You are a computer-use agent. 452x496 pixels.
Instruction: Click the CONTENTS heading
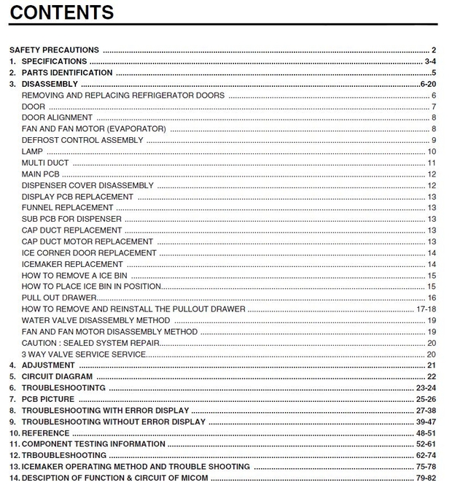(x=61, y=12)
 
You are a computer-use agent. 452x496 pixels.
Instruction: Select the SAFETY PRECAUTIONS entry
(x=54, y=50)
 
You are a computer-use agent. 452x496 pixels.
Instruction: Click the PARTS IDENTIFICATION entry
(x=66, y=73)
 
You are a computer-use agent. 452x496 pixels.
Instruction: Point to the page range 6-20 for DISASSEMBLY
(x=428, y=85)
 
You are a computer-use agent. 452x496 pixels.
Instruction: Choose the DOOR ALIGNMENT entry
(x=57, y=118)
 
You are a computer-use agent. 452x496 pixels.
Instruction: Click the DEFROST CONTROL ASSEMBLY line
(x=82, y=140)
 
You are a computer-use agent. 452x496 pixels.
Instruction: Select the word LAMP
(x=33, y=152)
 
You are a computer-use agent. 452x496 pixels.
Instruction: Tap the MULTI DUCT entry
(x=45, y=163)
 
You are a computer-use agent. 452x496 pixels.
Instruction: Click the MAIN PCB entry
(x=41, y=174)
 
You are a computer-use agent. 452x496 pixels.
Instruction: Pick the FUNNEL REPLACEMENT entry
(x=67, y=208)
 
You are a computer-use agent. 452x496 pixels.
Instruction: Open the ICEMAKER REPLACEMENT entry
(x=72, y=264)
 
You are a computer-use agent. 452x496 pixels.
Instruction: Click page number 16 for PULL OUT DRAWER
(x=432, y=298)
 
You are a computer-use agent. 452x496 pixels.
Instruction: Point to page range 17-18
(x=426, y=309)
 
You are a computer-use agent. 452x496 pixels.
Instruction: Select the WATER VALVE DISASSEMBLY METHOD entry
(x=96, y=320)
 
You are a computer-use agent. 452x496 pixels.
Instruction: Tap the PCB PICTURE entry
(x=47, y=399)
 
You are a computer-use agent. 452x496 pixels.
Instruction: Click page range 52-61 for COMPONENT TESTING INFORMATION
(x=426, y=444)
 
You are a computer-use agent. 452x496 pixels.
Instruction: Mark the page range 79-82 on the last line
(x=426, y=478)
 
